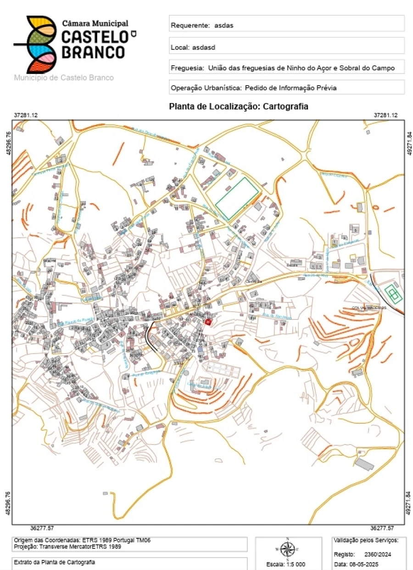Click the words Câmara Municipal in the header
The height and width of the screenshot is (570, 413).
95,23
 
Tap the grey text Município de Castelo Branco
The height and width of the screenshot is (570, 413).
64,78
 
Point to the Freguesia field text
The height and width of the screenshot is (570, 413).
282,68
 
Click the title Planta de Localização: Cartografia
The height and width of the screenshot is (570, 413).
239,107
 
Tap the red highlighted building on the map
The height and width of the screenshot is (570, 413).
207,322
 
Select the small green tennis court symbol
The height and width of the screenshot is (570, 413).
393,293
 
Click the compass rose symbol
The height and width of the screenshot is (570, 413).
288,549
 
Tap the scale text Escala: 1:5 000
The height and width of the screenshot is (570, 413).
286,564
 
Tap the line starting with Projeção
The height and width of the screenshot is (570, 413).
67,547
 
